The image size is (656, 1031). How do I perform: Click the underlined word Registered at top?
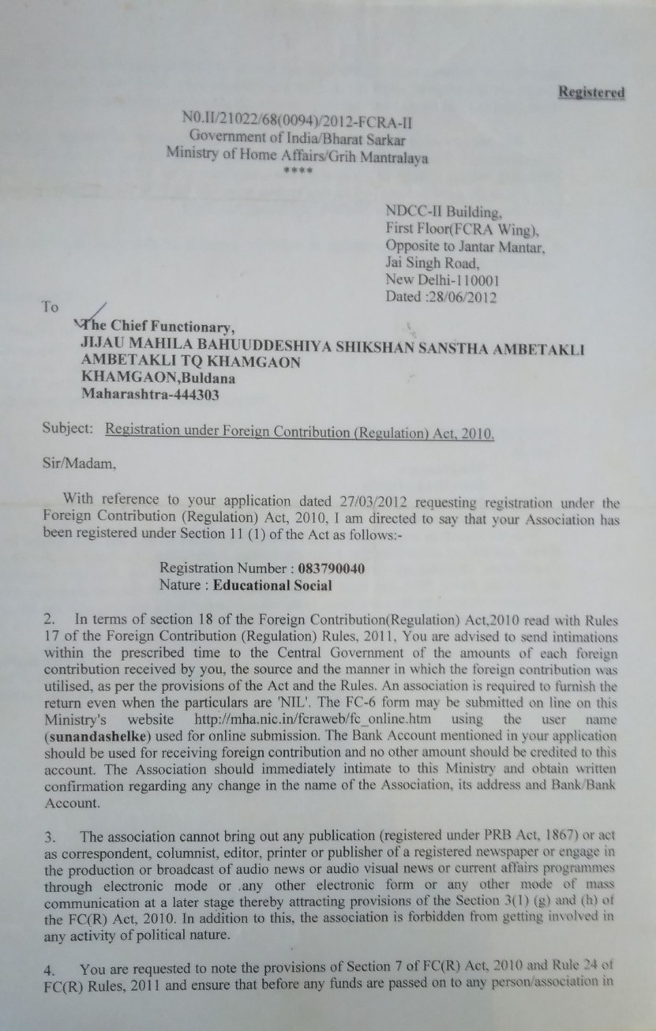pos(591,92)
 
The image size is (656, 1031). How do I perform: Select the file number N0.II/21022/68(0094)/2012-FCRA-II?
pos(297,121)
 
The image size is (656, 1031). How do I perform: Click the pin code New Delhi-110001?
pos(442,280)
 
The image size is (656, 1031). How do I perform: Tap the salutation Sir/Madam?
pos(79,465)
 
